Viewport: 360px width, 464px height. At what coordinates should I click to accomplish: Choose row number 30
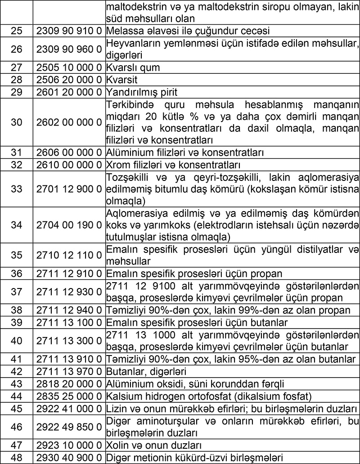point(16,122)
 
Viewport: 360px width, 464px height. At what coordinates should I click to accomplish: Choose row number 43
point(16,384)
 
